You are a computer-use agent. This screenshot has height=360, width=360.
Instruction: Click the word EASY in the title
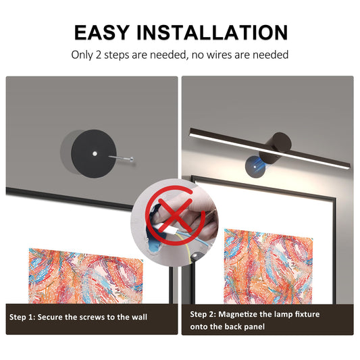(x=102, y=32)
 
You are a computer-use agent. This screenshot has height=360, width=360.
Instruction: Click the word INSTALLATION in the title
(x=212, y=32)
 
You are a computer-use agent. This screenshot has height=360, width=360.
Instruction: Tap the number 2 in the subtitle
(x=98, y=55)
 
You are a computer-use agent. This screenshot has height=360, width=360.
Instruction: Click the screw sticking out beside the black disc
(x=121, y=158)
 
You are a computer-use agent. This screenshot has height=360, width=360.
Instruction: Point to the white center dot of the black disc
(x=95, y=153)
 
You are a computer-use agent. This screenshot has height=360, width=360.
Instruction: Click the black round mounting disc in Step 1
(x=94, y=153)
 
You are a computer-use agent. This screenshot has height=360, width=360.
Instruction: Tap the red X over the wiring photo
(x=175, y=215)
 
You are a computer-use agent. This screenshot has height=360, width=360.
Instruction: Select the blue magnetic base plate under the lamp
(x=255, y=167)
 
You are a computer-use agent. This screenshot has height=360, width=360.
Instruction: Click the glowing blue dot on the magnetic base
(x=255, y=167)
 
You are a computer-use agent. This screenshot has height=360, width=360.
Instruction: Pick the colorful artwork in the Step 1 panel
(x=86, y=276)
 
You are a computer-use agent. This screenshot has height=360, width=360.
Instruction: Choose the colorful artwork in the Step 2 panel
(x=268, y=267)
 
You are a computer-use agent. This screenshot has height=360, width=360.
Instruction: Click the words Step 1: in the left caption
(x=22, y=317)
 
